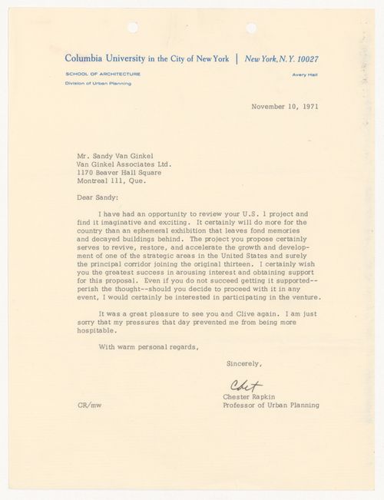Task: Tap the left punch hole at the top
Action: pyautogui.click(x=132, y=28)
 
